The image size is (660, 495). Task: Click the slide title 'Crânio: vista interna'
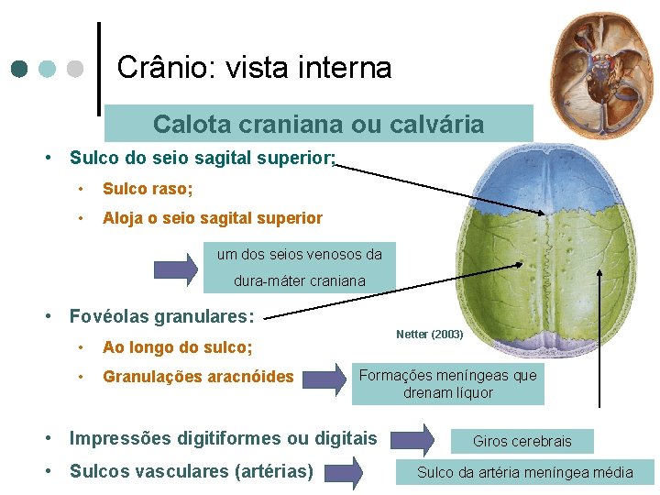coord(254,67)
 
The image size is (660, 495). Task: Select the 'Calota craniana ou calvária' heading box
coord(318,124)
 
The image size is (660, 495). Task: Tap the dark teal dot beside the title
coord(19,69)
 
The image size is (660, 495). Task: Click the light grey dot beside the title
coord(76,69)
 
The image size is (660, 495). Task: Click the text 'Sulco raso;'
coord(148,189)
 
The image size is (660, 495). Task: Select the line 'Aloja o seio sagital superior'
coord(212,218)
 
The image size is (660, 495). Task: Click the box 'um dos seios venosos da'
coord(299,254)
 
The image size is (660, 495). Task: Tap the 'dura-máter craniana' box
coord(299,280)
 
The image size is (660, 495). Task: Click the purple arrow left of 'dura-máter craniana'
coord(175,268)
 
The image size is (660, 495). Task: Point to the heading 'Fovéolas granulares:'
coord(161,317)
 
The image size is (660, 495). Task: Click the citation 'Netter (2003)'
coord(430,335)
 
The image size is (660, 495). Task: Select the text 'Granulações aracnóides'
coord(198,376)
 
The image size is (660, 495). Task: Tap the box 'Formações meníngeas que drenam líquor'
coord(447,384)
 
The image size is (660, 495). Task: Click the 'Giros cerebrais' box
coord(522,441)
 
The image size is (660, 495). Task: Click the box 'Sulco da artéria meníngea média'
coord(524,472)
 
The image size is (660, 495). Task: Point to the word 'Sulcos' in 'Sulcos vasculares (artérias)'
coord(97,472)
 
